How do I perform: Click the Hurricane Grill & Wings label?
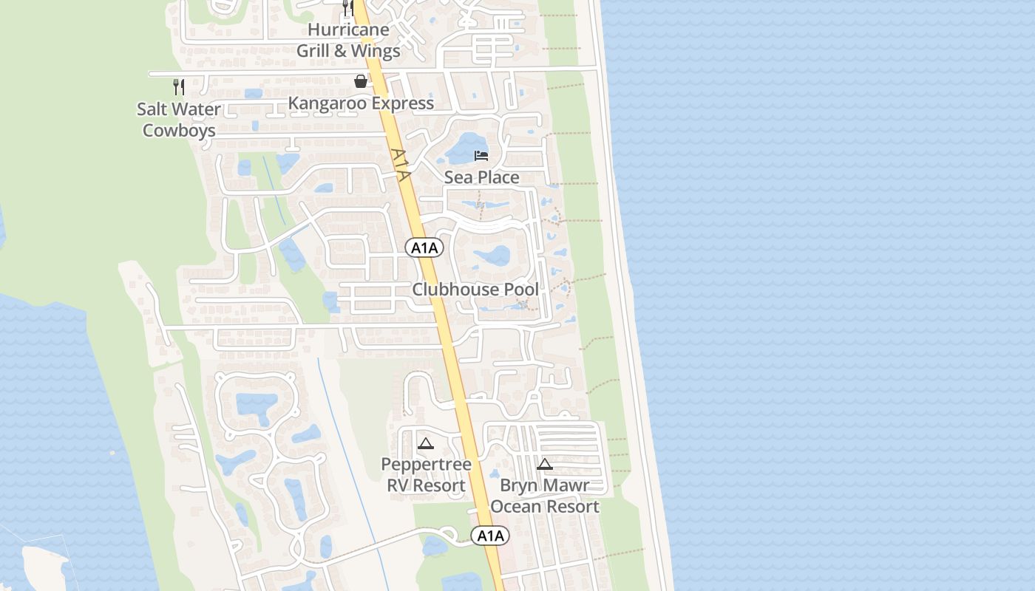coord(348,41)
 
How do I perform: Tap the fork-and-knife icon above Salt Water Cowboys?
coord(178,86)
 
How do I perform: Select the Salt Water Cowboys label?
coord(179,120)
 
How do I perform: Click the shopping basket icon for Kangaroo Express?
coord(360,81)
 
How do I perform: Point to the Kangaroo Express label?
coord(361,103)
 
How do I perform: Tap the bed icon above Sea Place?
coord(481,156)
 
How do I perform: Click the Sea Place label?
coord(481,177)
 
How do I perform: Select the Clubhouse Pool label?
coord(475,289)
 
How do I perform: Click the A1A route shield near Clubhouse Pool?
coord(424,248)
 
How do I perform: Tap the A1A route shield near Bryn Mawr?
coord(490,536)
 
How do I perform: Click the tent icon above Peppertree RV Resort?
coord(425,444)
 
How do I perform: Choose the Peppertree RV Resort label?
coord(426,475)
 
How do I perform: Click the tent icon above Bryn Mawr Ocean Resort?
coord(545,464)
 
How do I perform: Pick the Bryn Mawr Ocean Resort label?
coord(545,496)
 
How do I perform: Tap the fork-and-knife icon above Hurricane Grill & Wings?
coord(348,8)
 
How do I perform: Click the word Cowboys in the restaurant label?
coord(179,131)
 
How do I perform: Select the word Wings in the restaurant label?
coord(376,51)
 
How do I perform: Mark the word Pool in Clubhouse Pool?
coord(520,289)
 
